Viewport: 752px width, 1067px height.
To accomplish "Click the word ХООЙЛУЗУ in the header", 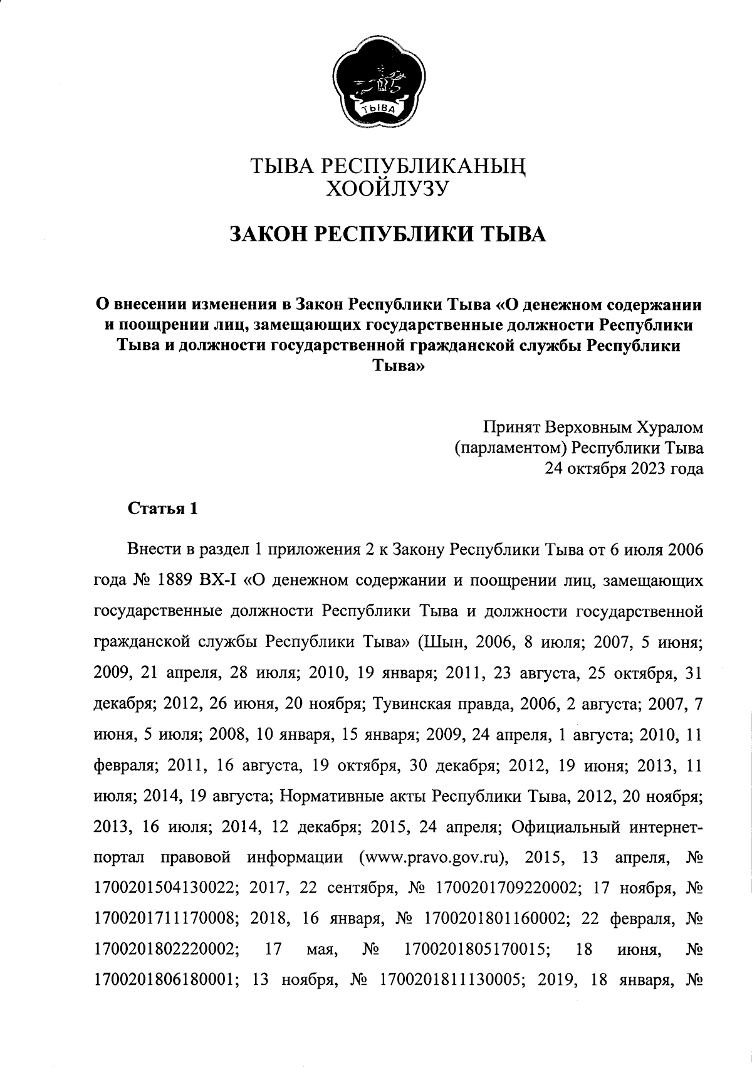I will (x=385, y=187).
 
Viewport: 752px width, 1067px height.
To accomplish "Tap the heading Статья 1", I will (x=163, y=508).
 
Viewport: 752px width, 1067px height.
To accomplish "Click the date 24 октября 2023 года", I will (x=625, y=468).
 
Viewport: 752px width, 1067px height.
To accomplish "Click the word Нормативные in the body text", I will (x=321, y=796).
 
